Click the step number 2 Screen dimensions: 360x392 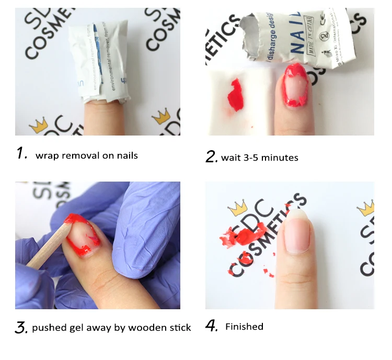(211, 156)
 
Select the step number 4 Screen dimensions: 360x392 (211, 327)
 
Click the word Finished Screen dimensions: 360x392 (244, 327)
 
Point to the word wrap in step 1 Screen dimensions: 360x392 (45, 155)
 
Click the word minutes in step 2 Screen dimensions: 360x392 (280, 157)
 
